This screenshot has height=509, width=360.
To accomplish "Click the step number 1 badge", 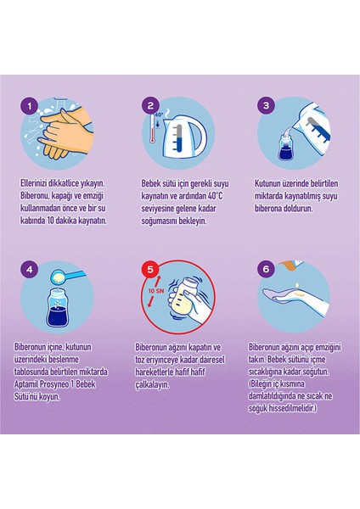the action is pyautogui.click(x=30, y=106).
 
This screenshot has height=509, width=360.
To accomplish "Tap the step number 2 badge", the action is pyautogui.click(x=150, y=105).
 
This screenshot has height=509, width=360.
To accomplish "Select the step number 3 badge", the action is pyautogui.click(x=266, y=105).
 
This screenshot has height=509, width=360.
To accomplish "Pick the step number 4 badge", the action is pyautogui.click(x=30, y=270).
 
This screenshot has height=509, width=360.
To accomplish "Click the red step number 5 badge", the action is pyautogui.click(x=150, y=270).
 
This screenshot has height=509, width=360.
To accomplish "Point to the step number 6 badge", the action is pyautogui.click(x=266, y=269).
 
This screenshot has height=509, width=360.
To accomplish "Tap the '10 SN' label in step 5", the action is pyautogui.click(x=156, y=291).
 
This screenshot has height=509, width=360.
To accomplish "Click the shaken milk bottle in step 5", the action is pyautogui.click(x=184, y=297).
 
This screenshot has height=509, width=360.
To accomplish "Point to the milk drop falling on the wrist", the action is pyautogui.click(x=297, y=285).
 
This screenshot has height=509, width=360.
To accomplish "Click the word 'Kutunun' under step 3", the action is pyautogui.click(x=265, y=183).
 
